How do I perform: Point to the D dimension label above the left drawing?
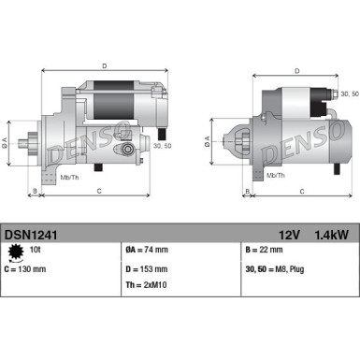pyautogui.click(x=104, y=66)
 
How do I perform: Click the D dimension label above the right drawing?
pyautogui.click(x=296, y=71)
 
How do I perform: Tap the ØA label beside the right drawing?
pyautogui.click(x=207, y=142)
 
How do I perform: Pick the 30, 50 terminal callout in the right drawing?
pyautogui.click(x=348, y=94)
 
